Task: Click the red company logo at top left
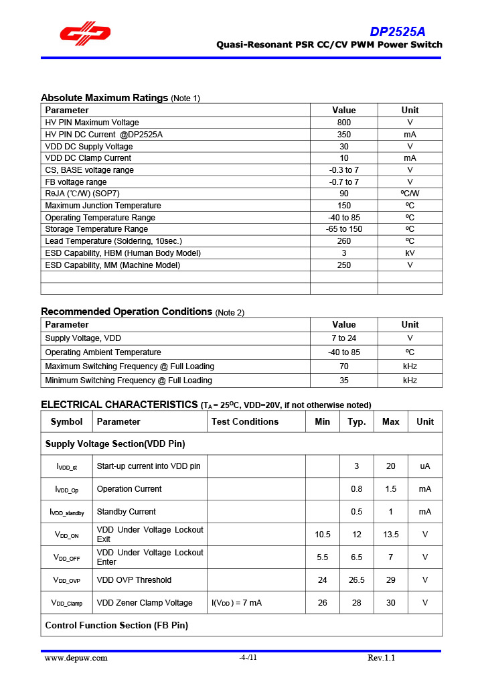pyautogui.click(x=85, y=34)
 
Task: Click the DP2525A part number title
pyautogui.click(x=397, y=31)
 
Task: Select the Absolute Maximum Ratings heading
pyautogui.click(x=104, y=98)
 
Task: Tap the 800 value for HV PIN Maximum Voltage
pyautogui.click(x=343, y=123)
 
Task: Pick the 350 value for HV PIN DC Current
pyautogui.click(x=343, y=134)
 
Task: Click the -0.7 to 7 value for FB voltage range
pyautogui.click(x=343, y=182)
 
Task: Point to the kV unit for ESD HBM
pyautogui.click(x=410, y=253)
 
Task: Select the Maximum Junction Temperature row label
pyautogui.click(x=103, y=206)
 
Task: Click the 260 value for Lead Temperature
pyautogui.click(x=343, y=241)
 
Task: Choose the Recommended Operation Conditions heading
pyautogui.click(x=127, y=312)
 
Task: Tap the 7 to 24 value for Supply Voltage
pyautogui.click(x=343, y=338)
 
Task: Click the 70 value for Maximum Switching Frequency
pyautogui.click(x=343, y=366)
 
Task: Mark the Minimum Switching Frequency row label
pyautogui.click(x=129, y=381)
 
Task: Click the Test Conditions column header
pyautogui.click(x=245, y=421)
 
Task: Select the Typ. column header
pyautogui.click(x=357, y=421)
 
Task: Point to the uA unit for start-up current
pyautogui.click(x=424, y=466)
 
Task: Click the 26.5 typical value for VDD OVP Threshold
pyautogui.click(x=357, y=580)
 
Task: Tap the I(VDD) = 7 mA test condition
pyautogui.click(x=236, y=603)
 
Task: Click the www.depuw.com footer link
pyautogui.click(x=76, y=658)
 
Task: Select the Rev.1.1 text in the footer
pyautogui.click(x=382, y=658)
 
